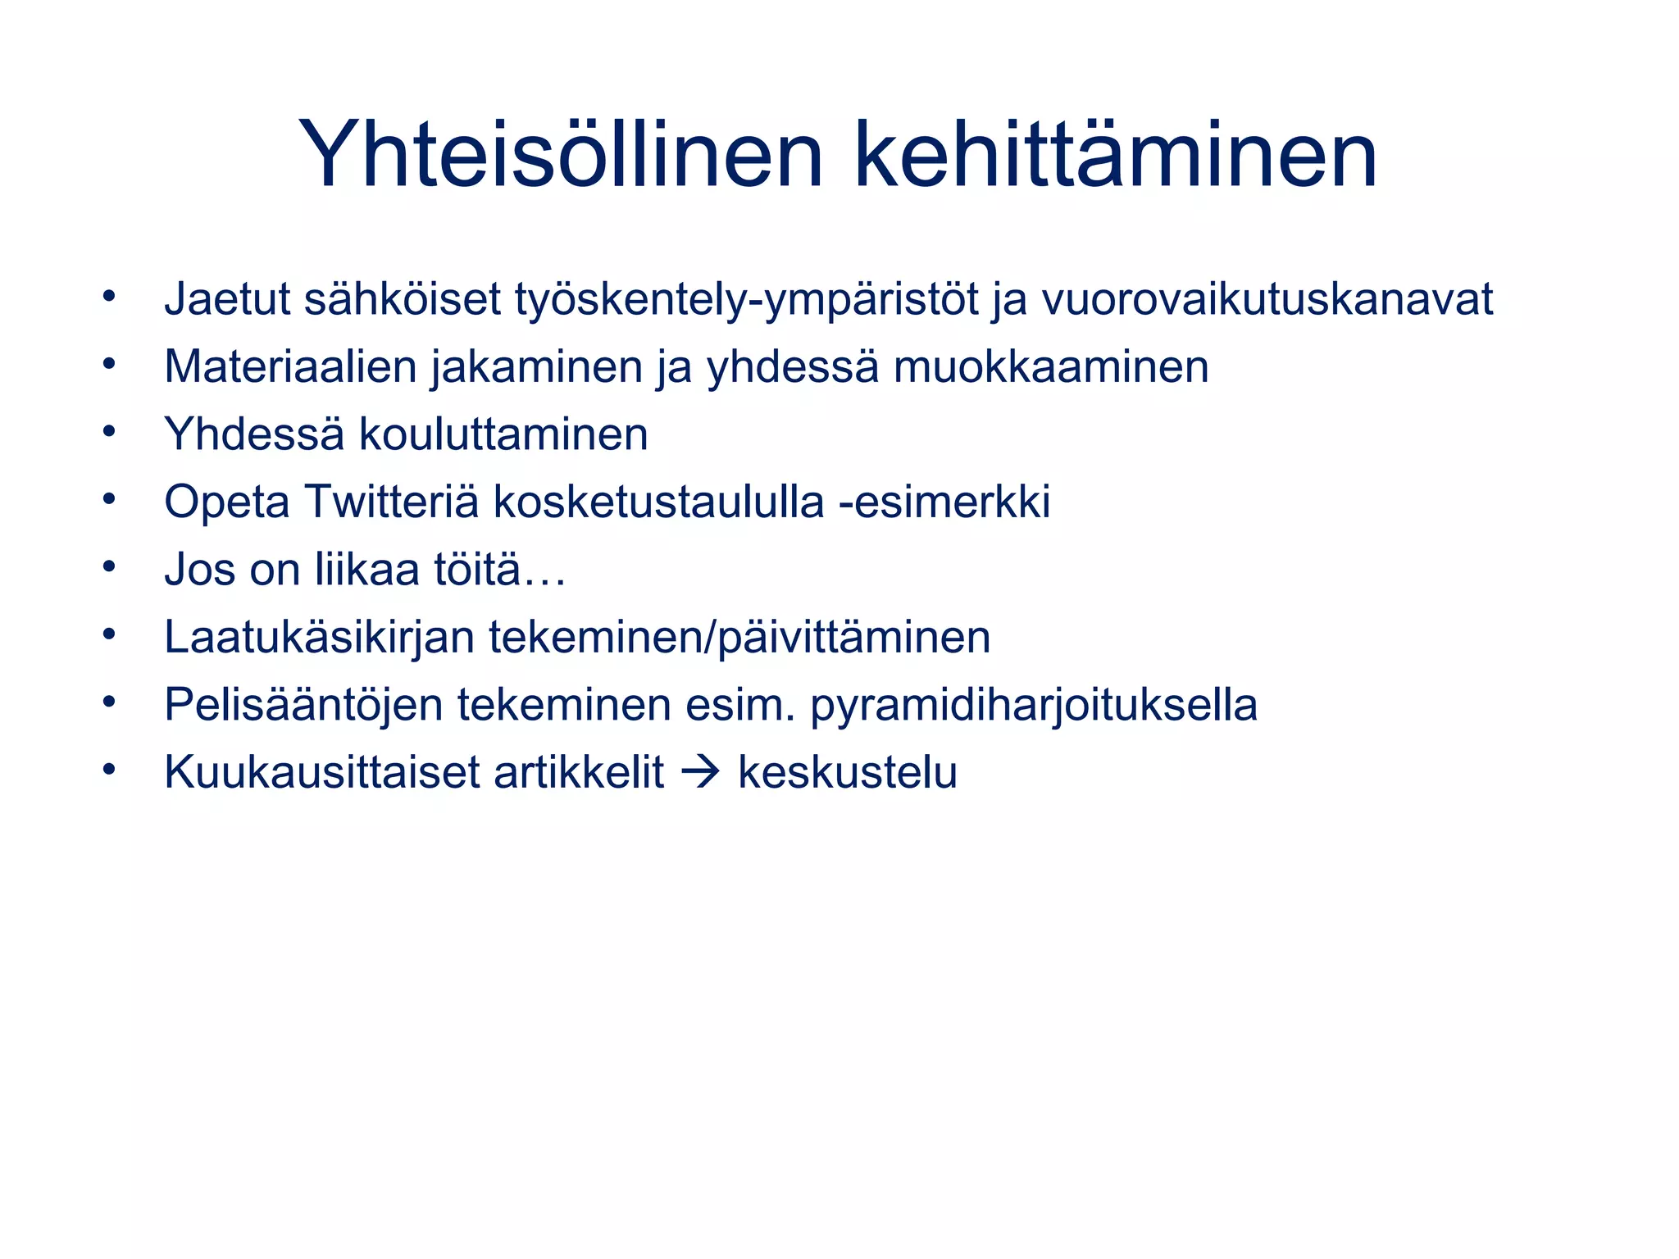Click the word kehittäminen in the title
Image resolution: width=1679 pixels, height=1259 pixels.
click(x=1115, y=155)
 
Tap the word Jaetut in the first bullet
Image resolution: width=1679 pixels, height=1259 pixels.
click(x=228, y=299)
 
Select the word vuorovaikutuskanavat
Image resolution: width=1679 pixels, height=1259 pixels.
click(x=1267, y=299)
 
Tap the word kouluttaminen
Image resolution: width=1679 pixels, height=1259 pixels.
click(x=503, y=434)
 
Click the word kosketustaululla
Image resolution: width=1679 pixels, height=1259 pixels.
click(x=658, y=502)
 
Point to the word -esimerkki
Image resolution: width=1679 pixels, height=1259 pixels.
click(x=944, y=502)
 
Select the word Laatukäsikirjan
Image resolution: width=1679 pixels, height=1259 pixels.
click(x=319, y=638)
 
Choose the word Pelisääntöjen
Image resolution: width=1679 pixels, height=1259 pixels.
click(x=303, y=705)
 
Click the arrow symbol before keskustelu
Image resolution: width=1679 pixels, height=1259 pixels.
click(x=700, y=773)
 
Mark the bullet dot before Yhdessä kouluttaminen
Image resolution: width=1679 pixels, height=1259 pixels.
click(x=109, y=431)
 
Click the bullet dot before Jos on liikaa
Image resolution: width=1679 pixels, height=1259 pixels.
click(x=109, y=566)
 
